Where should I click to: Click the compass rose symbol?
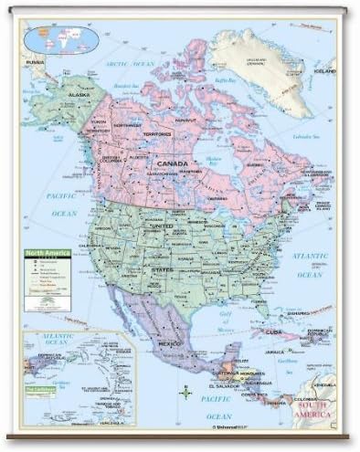click(186, 394)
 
